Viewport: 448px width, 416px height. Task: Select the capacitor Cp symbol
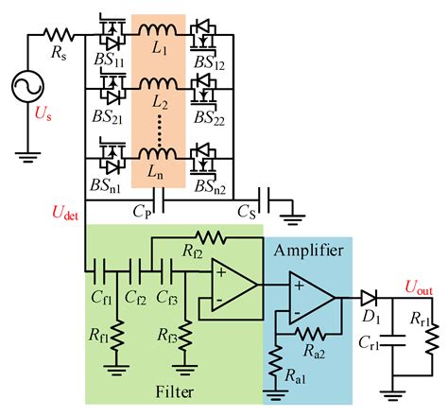coord(164,200)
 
